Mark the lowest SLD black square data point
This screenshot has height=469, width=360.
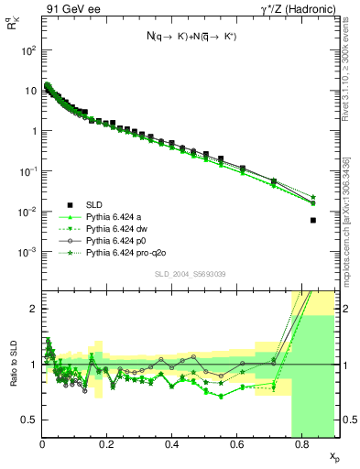pos(313,220)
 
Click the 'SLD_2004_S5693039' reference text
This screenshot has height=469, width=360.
pos(188,273)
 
